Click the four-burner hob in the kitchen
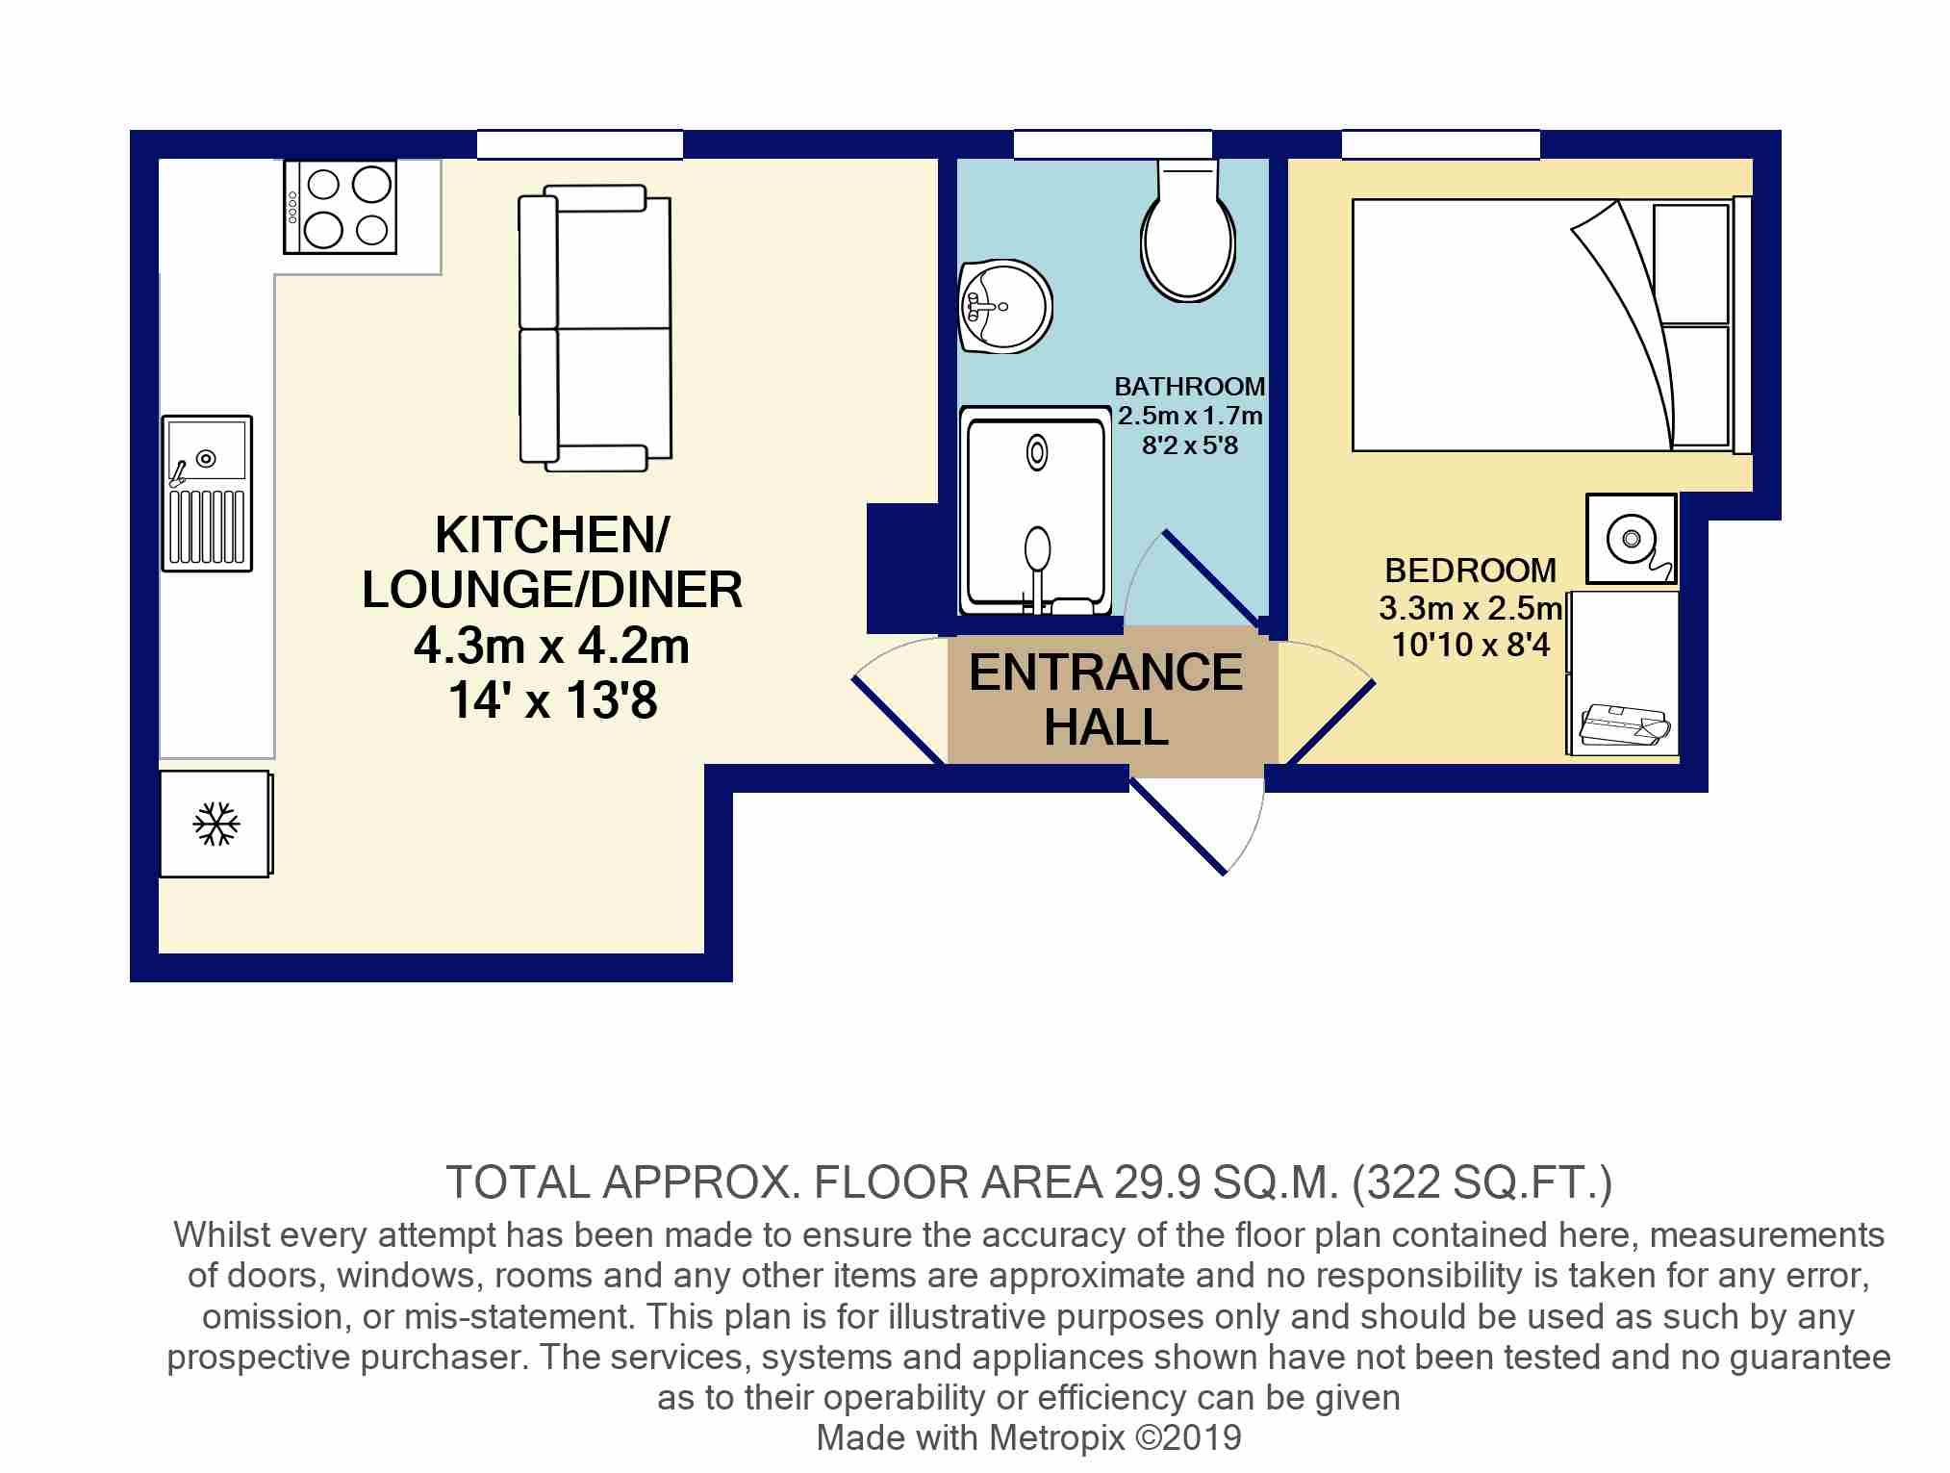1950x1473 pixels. [341, 207]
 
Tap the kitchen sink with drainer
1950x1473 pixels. [207, 494]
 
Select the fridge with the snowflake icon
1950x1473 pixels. [215, 825]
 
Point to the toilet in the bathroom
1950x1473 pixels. [1188, 236]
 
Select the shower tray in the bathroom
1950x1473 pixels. [1035, 510]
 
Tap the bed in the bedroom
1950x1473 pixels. [1549, 324]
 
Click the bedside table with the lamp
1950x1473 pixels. [1632, 539]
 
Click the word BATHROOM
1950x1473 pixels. [1189, 387]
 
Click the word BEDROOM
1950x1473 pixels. [1470, 571]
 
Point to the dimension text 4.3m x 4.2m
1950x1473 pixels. [551, 646]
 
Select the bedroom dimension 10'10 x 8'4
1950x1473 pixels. [1471, 644]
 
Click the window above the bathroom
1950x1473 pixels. [1112, 144]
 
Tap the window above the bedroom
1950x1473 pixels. [1440, 144]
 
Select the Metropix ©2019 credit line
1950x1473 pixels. [1028, 1437]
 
